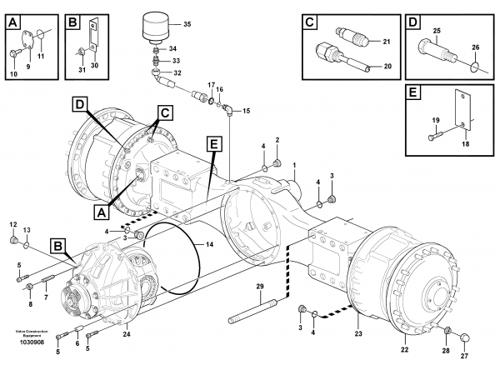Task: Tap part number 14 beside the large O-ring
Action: coord(209,245)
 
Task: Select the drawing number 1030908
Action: coord(32,342)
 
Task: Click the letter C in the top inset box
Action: coord(310,22)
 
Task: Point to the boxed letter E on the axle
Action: coord(214,144)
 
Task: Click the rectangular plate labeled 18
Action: coord(462,110)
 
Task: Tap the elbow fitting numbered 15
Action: coord(227,108)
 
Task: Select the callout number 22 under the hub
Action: coord(404,349)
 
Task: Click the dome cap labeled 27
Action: coord(466,337)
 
